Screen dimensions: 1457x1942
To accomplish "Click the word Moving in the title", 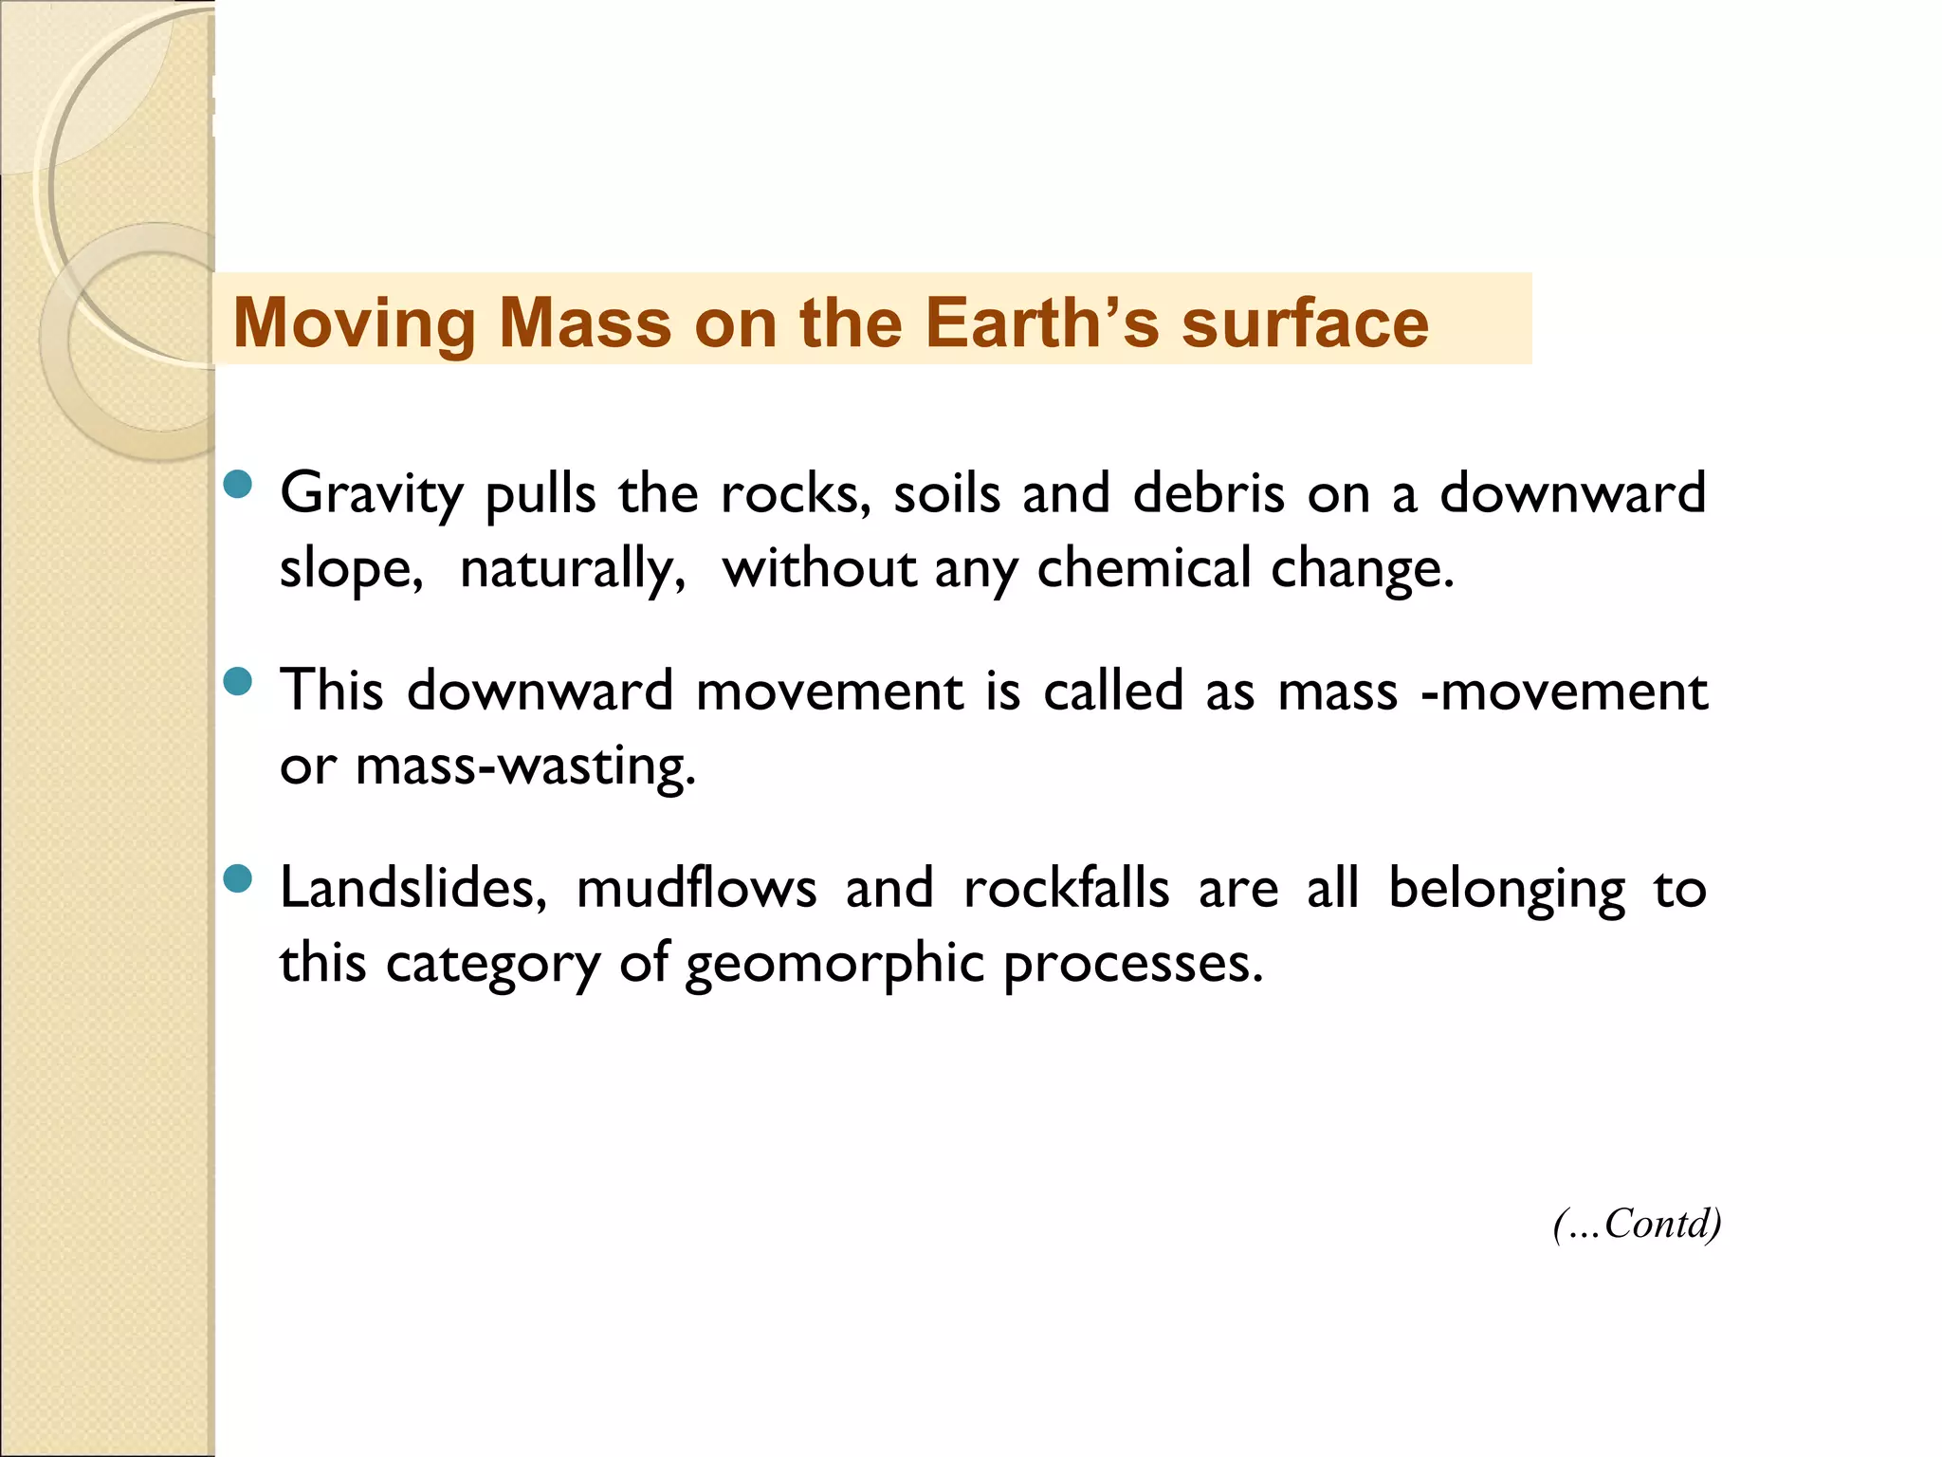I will [354, 324].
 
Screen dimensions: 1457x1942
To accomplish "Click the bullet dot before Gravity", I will [238, 485].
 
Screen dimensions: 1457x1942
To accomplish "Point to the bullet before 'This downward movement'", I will [238, 681].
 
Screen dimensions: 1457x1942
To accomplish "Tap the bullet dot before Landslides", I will [238, 878].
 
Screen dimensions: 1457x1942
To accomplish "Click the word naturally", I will [572, 569].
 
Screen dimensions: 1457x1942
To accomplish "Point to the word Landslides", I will [413, 889].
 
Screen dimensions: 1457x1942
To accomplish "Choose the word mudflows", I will [696, 889].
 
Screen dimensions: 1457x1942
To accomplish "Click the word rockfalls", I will [1066, 889].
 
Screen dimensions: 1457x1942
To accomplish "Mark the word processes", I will [1133, 965].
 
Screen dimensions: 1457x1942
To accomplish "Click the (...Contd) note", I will [1637, 1224].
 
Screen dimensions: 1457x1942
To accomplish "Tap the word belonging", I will [1507, 890].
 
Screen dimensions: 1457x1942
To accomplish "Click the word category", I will [493, 965].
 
